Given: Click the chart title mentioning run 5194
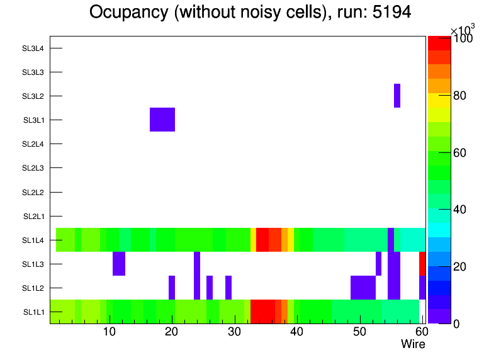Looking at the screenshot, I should click(250, 12).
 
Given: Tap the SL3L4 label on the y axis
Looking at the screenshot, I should click(33, 48).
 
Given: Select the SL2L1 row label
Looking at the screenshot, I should click(34, 217).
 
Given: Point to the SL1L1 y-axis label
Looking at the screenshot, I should click(34, 312).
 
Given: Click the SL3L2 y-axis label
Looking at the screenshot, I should click(33, 96).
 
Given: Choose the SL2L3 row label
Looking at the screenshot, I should click(33, 168).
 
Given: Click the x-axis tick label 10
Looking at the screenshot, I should click(110, 332).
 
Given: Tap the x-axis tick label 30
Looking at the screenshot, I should click(234, 332).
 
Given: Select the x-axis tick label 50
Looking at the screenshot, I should click(359, 332).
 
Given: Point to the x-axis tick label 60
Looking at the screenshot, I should click(420, 332).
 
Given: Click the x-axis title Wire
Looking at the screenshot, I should click(413, 344).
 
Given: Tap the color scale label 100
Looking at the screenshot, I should click(463, 39).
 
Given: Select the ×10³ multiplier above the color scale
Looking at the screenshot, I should click(463, 30).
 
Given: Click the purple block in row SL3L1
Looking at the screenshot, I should click(162, 120).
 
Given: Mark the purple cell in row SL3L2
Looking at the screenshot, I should click(397, 96).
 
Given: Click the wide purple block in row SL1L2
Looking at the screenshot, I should click(363, 288).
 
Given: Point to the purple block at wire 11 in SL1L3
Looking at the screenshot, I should click(119, 264).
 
